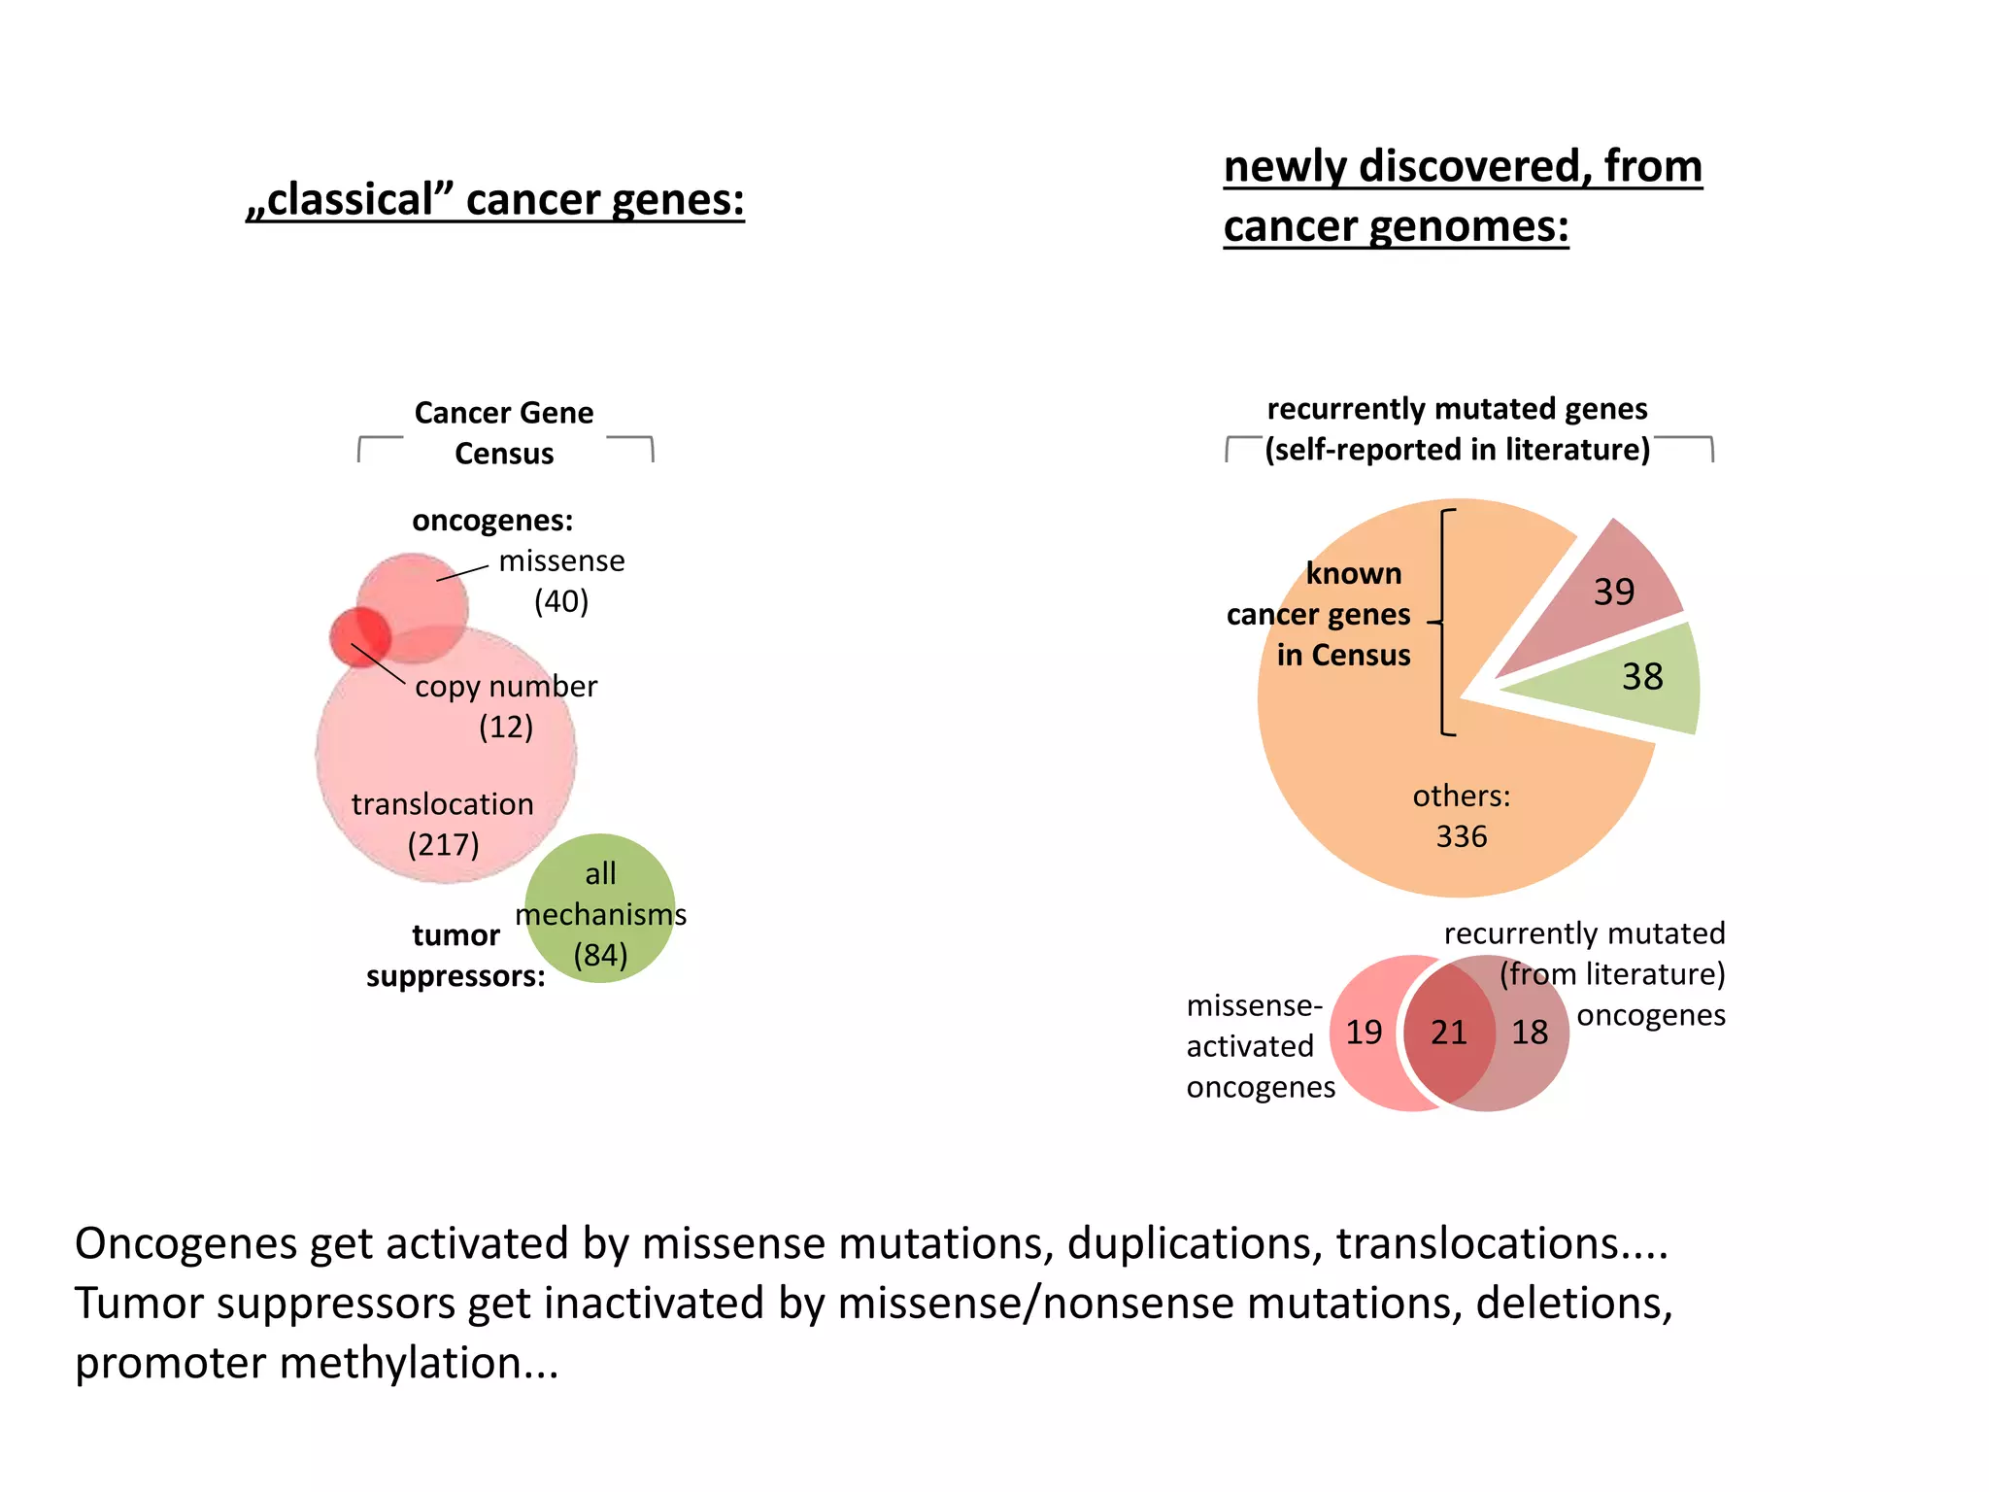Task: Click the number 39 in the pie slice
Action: coord(1614,592)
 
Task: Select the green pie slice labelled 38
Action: coord(1632,678)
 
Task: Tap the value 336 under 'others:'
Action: coord(1461,836)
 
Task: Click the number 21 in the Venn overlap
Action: coord(1448,1032)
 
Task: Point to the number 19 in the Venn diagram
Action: coord(1364,1032)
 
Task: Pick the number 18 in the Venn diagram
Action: coord(1530,1032)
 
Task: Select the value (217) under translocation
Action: coord(443,844)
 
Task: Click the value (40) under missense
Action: coord(561,601)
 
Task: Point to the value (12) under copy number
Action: coord(506,727)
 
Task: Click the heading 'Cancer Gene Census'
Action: coord(504,432)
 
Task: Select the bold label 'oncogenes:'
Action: coord(492,521)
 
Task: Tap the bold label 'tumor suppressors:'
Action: coord(455,956)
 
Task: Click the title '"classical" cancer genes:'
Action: coord(495,200)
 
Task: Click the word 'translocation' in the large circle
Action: coord(443,804)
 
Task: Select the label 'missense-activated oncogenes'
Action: coord(1260,1046)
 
